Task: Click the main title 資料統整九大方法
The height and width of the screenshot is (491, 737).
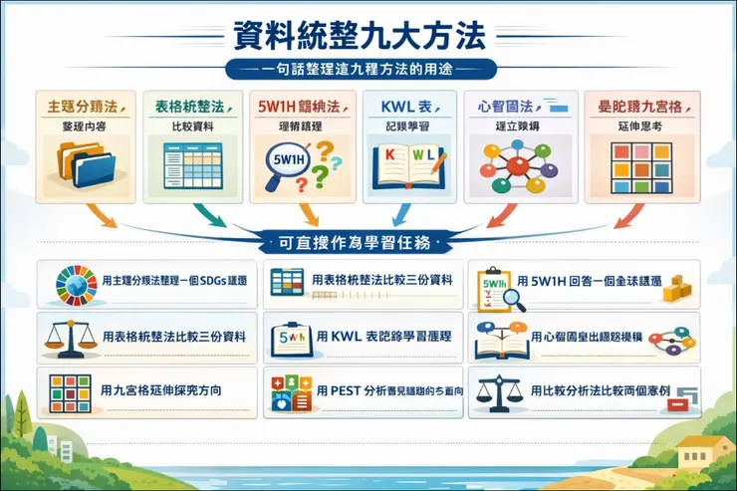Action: [x=368, y=37]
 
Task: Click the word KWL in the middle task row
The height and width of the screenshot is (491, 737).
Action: [x=344, y=337]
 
